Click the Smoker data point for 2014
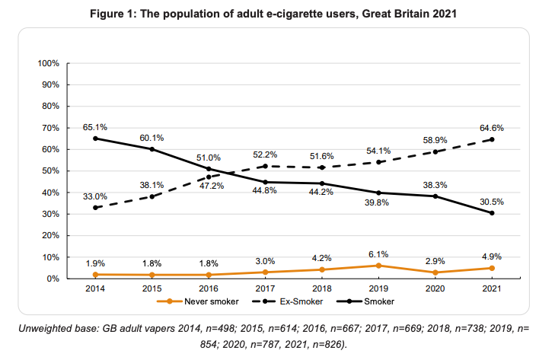(95, 139)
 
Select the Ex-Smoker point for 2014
(95, 208)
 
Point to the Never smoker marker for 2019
(378, 266)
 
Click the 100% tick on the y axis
(48, 62)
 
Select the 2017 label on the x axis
(265, 289)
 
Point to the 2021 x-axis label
(492, 289)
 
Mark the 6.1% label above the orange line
(378, 254)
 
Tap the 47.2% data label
(208, 186)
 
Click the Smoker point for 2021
(492, 213)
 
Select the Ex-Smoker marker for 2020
(435, 151)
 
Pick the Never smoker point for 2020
(435, 272)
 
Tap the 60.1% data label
(152, 138)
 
